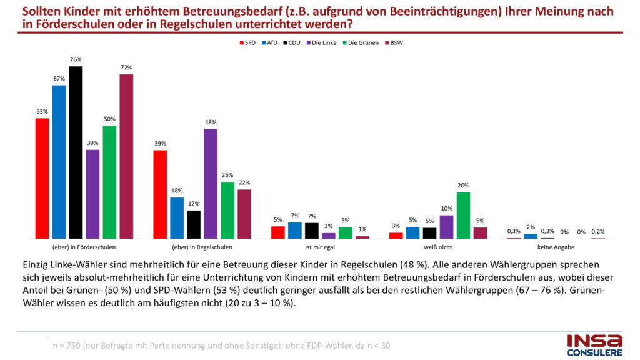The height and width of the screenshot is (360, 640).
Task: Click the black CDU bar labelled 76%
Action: click(x=76, y=152)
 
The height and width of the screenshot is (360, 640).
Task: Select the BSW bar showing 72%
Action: click(x=126, y=156)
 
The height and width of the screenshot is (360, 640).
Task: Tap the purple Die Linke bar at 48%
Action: click(x=211, y=184)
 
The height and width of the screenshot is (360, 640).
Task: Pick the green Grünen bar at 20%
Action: click(x=463, y=215)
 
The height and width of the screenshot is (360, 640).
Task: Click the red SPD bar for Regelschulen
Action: click(x=160, y=194)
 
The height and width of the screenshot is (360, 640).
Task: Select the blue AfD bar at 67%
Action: click(x=59, y=162)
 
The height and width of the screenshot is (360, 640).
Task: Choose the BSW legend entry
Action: click(x=394, y=42)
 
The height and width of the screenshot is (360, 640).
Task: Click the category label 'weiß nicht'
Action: click(x=437, y=248)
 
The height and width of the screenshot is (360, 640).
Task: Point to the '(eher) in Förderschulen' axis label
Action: click(x=84, y=248)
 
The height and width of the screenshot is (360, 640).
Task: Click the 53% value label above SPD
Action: click(x=42, y=112)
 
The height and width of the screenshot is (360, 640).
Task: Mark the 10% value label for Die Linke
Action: click(x=446, y=209)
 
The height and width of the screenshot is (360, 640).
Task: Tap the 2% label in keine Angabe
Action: click(x=531, y=227)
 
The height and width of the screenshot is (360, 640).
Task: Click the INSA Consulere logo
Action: click(x=594, y=344)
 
